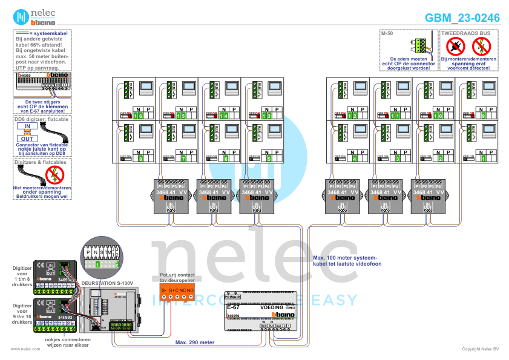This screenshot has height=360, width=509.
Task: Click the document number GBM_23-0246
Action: pyautogui.click(x=462, y=18)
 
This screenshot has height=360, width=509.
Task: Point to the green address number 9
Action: pyautogui.click(x=482, y=115)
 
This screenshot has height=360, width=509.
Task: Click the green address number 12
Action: pyautogui.click(x=353, y=115)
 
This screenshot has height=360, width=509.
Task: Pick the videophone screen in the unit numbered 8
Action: pyautogui.click(x=147, y=130)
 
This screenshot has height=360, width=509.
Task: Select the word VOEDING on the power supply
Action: pyautogui.click(x=271, y=308)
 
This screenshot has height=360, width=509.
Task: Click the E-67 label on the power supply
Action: pyautogui.click(x=233, y=308)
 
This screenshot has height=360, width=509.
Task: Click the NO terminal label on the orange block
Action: pyautogui.click(x=190, y=291)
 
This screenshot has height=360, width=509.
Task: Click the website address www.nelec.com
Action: pyautogui.click(x=21, y=349)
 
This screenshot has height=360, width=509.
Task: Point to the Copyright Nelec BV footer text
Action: pyautogui.click(x=481, y=349)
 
